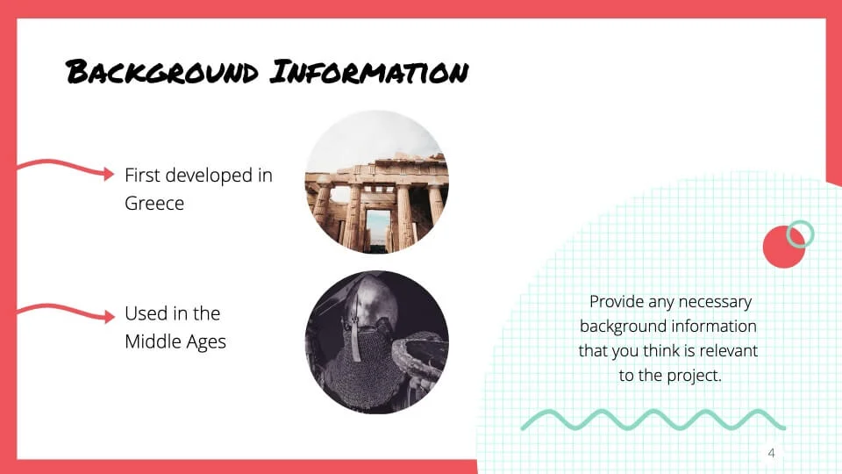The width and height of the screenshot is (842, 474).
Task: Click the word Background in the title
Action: pos(161,73)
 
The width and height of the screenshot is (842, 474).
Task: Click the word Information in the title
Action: pos(369,71)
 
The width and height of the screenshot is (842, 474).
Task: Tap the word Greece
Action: pos(154,203)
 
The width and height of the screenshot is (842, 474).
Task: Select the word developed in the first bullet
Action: pos(209,176)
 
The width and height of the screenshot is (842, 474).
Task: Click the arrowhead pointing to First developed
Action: pos(109,174)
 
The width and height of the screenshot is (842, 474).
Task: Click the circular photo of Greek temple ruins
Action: pos(377,182)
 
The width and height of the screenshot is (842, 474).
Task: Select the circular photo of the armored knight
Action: pos(377,342)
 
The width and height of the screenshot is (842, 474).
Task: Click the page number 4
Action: pos(771,453)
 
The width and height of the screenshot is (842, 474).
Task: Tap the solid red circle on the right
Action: pos(784,247)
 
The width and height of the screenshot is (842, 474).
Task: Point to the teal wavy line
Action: pos(653,420)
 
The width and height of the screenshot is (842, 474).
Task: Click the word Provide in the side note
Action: pos(616,301)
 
